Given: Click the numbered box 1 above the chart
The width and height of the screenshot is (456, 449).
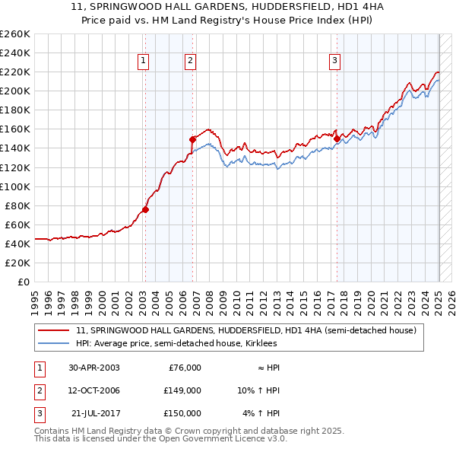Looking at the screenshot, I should (144, 62).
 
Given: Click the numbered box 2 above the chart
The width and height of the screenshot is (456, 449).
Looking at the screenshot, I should (190, 62).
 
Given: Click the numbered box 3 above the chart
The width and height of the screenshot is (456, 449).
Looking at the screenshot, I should (334, 62).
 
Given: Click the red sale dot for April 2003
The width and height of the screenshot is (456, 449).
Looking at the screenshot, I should (145, 209).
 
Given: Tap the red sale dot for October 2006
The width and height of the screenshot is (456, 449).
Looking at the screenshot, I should (192, 139).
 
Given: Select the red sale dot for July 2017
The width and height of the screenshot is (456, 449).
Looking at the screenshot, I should (337, 139).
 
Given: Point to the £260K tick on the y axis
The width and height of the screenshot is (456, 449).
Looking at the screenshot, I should (15, 34).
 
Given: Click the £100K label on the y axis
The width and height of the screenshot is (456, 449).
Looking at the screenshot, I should (15, 186).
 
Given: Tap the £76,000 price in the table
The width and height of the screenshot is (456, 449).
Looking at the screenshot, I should (185, 368).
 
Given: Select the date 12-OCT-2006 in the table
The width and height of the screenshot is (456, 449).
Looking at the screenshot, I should (94, 390).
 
